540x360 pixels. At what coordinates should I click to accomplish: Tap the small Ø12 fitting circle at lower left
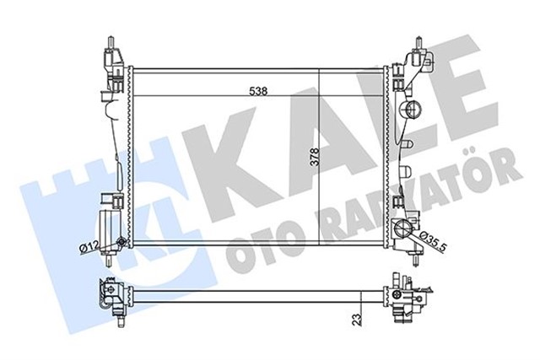pos(123,244)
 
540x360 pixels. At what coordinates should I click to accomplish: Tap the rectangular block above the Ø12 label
pos(109,225)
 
